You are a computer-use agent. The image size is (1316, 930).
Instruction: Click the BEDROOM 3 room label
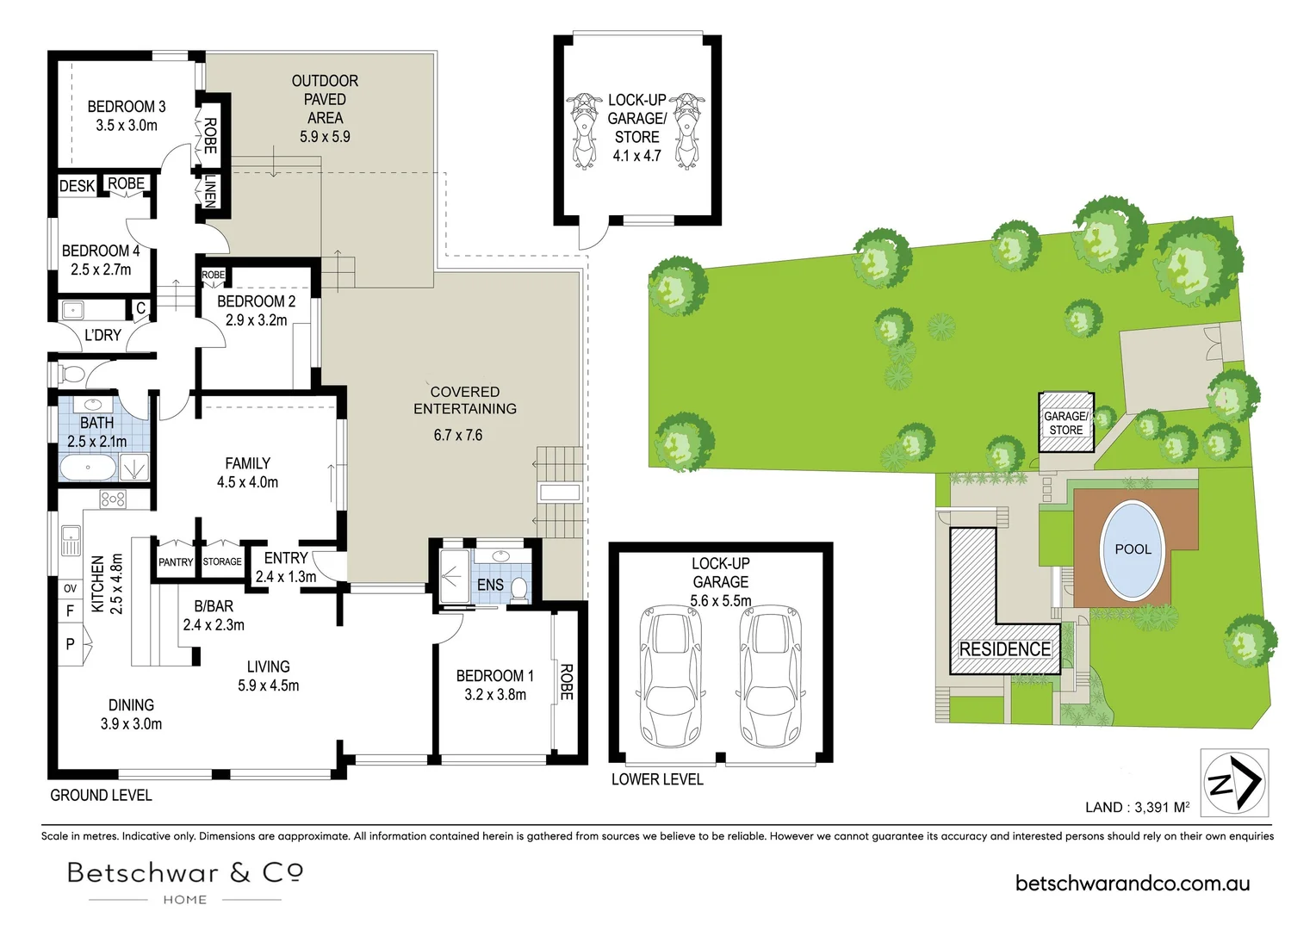coord(127,107)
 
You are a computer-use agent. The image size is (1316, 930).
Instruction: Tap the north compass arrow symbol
coord(1235,783)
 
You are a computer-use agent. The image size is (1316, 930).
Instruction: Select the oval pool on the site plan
coord(1133,549)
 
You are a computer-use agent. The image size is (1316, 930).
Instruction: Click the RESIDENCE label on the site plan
coord(1004,649)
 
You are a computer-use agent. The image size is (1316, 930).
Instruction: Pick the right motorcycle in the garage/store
coord(686,131)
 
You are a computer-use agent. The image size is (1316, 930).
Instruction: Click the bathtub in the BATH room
coord(88,468)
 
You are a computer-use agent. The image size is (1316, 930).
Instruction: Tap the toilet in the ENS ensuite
coord(518,588)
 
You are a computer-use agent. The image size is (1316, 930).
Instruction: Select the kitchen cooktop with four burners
coord(113,499)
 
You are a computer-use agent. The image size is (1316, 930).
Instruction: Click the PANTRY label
coord(176,561)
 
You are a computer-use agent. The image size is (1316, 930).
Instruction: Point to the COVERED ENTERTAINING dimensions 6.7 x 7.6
coord(457,436)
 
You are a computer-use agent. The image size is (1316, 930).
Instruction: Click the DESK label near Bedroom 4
coord(77,186)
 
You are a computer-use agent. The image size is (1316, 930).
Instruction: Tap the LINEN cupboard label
coord(209,191)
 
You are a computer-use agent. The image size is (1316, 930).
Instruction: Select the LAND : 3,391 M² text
coord(1137,807)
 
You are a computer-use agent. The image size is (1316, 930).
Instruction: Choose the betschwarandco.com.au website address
coord(1133,883)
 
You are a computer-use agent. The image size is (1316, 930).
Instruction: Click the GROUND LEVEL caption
coord(101,796)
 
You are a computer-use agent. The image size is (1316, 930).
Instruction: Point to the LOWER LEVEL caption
coord(657,779)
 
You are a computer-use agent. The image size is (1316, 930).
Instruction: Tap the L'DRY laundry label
coord(102,335)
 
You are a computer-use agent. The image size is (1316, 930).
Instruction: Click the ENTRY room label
coord(286,558)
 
